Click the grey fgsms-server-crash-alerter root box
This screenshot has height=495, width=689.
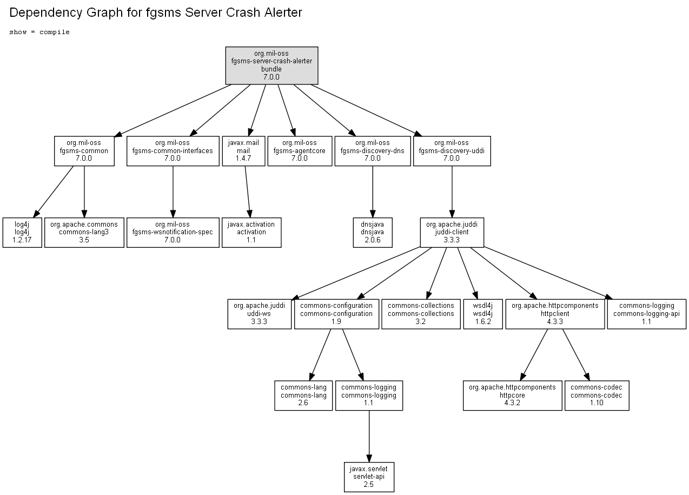click(271, 65)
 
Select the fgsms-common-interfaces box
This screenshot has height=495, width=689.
click(173, 151)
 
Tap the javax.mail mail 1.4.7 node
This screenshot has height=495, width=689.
click(243, 151)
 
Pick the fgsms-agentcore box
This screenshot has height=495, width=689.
click(300, 151)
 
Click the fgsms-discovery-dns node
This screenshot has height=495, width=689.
click(373, 151)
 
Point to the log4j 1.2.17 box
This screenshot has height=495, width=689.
click(22, 233)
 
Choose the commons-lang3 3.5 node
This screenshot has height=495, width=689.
click(84, 233)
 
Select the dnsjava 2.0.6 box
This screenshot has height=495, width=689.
click(373, 233)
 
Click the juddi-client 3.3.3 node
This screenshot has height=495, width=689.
click(452, 233)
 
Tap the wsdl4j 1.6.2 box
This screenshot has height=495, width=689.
click(483, 314)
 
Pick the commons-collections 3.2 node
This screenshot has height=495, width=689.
click(421, 314)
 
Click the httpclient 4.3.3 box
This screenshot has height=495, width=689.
click(555, 314)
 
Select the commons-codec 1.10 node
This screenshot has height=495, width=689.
click(597, 395)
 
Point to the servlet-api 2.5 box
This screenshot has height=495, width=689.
click(369, 477)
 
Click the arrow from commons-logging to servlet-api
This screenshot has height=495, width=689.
click(369, 436)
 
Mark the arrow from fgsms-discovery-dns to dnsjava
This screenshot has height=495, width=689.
click(373, 192)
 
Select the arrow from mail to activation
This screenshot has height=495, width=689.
click(248, 192)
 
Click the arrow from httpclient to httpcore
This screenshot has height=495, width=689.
click(534, 355)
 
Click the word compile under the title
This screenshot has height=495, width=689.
click(55, 32)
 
